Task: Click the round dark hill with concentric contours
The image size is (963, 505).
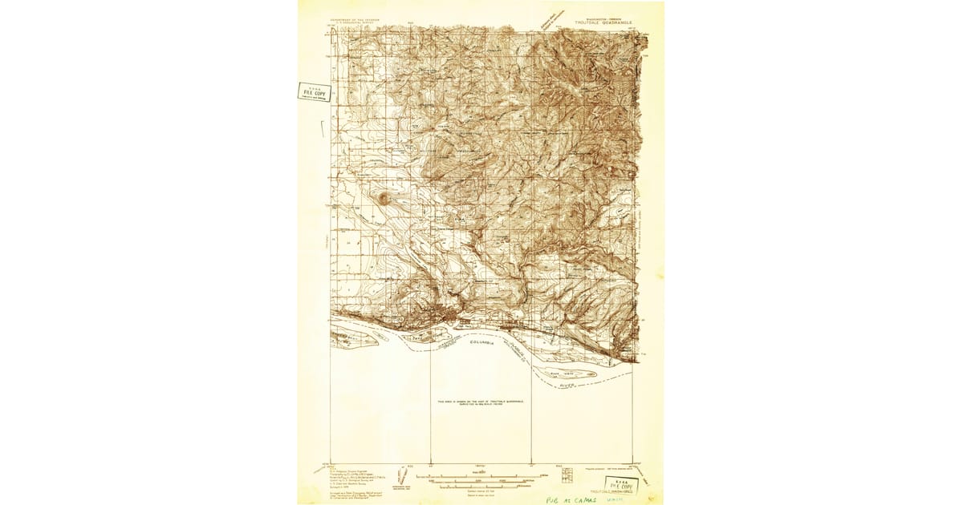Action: coord(384,197)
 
